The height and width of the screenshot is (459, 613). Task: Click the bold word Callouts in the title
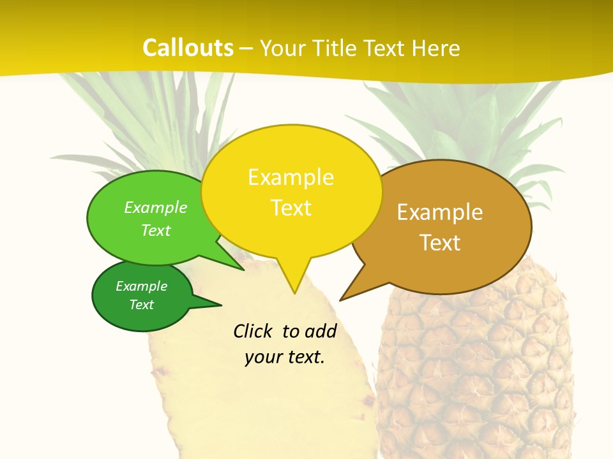(188, 48)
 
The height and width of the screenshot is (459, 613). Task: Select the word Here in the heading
(435, 48)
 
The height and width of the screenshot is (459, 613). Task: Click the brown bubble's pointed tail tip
(342, 299)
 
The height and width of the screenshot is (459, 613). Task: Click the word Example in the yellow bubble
(291, 177)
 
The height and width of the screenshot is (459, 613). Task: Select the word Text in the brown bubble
(440, 243)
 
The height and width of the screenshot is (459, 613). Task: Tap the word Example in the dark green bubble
(141, 286)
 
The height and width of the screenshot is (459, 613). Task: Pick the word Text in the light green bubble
(156, 230)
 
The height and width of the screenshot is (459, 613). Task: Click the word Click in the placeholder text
(252, 331)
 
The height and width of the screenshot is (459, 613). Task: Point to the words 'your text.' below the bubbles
(285, 357)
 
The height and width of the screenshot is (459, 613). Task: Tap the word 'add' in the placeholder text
(320, 331)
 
